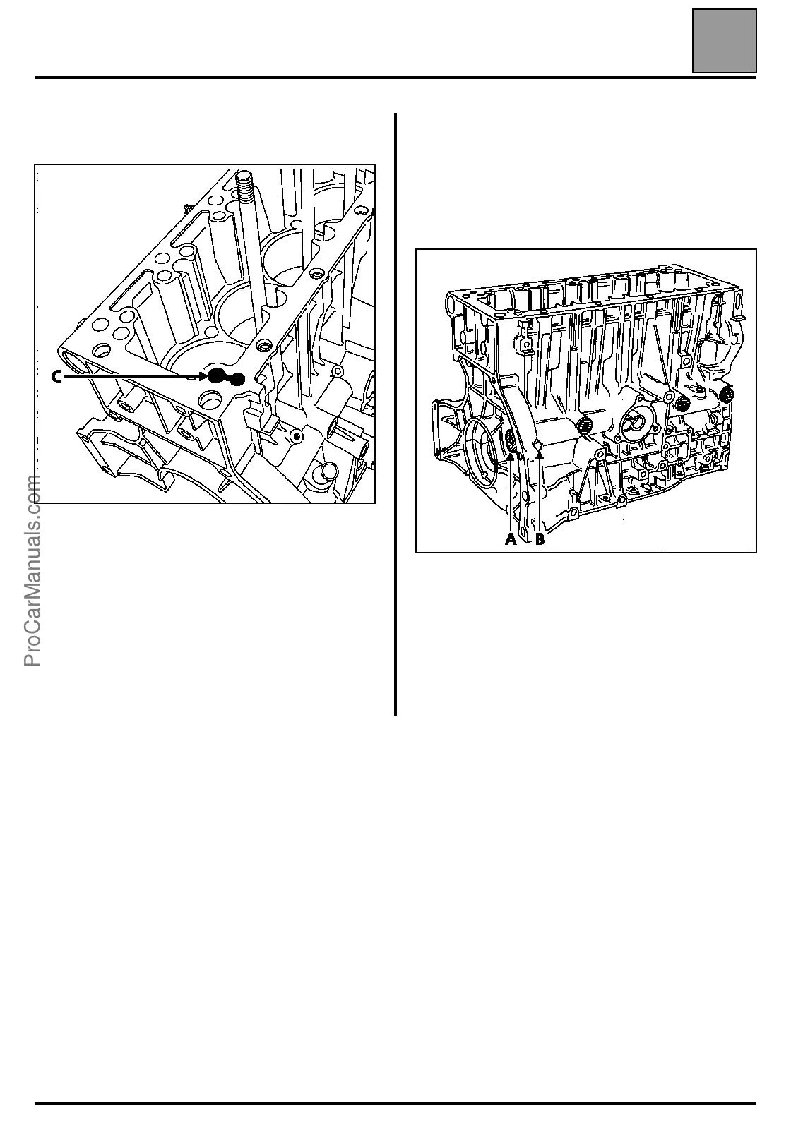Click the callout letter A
coord(510,540)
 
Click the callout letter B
coord(540,540)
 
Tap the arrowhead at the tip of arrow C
coord(202,378)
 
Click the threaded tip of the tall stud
coord(244,184)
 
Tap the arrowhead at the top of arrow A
coord(510,456)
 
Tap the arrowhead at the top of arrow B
coord(540,455)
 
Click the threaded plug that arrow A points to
coord(510,442)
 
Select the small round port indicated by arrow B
coord(538,444)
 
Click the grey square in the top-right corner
coord(724,41)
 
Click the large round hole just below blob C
coord(211,399)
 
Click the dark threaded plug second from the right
coord(682,403)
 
